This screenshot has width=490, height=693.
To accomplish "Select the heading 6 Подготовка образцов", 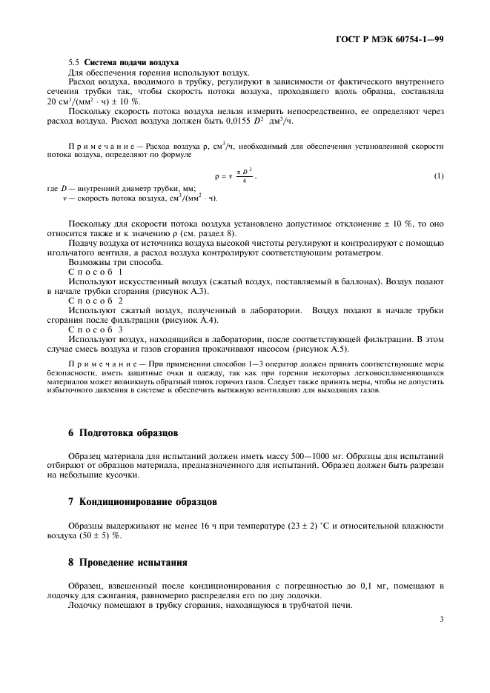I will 123,432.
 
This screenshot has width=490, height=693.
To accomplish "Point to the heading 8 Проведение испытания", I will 128,562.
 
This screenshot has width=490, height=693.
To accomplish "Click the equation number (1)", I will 438,176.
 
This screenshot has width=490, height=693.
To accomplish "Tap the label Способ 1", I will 96,272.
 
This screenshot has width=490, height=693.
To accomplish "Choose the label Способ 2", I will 96,301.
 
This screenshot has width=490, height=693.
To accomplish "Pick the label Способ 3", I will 96,329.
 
